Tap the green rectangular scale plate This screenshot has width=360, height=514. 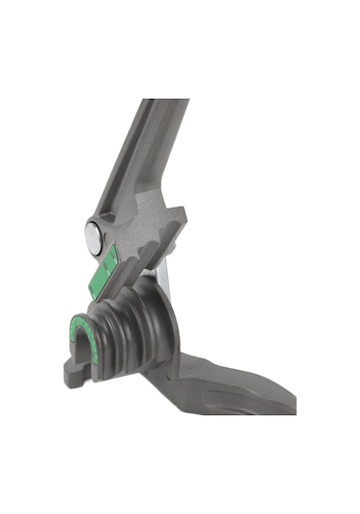(103, 268)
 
